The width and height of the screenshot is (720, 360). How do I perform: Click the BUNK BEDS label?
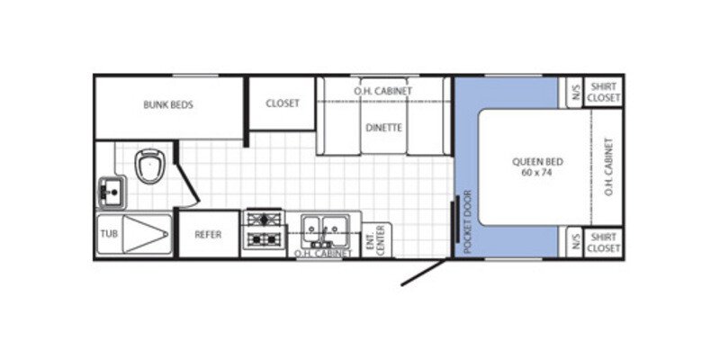(x=168, y=104)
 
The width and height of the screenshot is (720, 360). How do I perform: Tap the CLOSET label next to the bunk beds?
(x=282, y=103)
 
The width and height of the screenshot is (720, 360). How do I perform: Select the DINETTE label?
(x=383, y=127)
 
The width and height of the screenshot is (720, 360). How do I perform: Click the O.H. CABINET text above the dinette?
(x=382, y=91)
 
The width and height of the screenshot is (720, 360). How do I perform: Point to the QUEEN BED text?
(x=537, y=162)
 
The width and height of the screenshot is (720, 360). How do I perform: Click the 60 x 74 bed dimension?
(x=537, y=175)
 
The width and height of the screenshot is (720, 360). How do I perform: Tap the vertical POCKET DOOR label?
(x=467, y=221)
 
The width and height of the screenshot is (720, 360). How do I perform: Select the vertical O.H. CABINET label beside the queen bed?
(x=608, y=167)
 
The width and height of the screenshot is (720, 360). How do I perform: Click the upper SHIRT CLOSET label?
(x=603, y=92)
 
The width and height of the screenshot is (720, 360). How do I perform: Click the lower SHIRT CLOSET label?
(x=603, y=242)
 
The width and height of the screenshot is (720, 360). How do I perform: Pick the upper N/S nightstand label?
(x=574, y=92)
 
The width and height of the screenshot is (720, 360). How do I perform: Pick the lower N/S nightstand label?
(x=574, y=242)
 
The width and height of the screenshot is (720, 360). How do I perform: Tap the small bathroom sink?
(x=111, y=192)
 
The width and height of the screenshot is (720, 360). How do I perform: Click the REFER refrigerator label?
(x=209, y=234)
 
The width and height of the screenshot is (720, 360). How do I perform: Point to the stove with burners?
(x=265, y=229)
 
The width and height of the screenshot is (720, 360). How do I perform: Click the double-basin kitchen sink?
(x=319, y=228)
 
